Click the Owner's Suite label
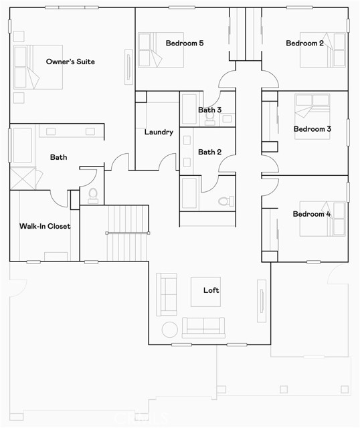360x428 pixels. click(70, 62)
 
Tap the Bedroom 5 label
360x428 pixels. click(185, 43)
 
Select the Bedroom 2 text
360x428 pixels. click(305, 43)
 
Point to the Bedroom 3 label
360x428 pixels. click(312, 128)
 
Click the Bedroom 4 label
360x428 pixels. click(312, 214)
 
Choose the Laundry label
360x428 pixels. click(159, 132)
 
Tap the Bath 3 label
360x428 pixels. click(209, 110)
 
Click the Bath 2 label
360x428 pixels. click(209, 152)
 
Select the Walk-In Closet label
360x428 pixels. click(45, 226)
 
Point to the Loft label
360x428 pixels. click(211, 290)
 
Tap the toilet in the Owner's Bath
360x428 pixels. click(93, 195)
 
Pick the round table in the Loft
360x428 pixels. click(169, 329)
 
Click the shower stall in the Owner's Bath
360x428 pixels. click(24, 179)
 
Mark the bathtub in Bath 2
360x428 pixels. click(189, 194)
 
